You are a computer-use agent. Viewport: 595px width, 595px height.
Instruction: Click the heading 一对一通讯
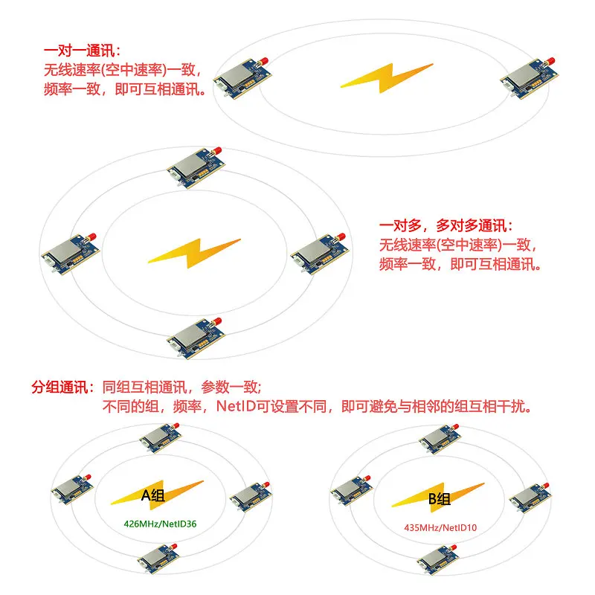pos(82,51)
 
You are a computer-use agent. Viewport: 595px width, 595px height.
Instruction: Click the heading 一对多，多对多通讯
pos(446,226)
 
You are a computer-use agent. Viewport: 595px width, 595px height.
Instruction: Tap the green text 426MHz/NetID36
pos(160,524)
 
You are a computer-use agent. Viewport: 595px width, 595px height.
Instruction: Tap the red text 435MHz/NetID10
pos(440,528)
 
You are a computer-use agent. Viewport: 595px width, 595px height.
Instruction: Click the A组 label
pos(152,495)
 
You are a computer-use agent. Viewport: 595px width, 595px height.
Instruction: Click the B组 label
pos(440,498)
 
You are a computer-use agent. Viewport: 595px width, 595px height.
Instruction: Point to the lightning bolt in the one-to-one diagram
pos(386,78)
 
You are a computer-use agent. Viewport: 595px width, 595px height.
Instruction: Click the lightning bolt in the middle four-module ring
pos(194,253)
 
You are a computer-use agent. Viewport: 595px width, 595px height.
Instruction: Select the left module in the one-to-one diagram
pos(243,78)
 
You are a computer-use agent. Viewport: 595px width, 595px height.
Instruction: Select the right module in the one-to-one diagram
pos(530,78)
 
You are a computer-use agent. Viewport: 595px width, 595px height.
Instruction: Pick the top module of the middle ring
pos(196,167)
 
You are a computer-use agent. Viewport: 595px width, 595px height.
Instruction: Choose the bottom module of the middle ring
pos(196,338)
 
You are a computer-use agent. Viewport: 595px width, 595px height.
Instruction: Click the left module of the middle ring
pos(71,254)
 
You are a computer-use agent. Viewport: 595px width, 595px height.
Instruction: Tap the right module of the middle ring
pos(320,254)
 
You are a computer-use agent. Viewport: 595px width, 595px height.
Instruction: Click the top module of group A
pos(161,438)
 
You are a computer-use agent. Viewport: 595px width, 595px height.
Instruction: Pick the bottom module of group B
pos(438,560)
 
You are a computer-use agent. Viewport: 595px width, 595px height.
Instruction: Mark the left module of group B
pos(351,491)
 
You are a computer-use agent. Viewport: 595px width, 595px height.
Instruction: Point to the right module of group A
pos(251,497)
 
